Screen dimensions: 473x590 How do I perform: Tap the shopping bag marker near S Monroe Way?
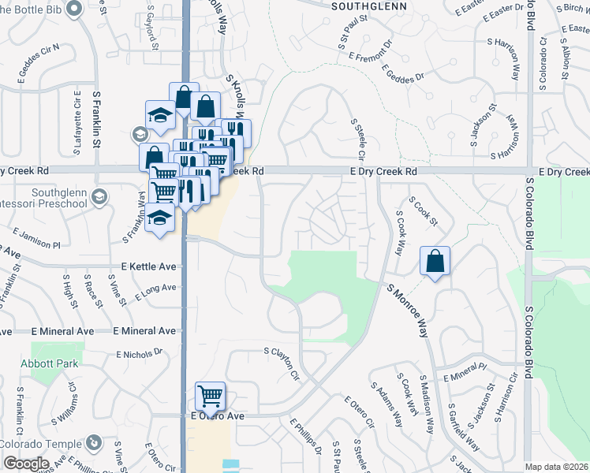coord(435,261)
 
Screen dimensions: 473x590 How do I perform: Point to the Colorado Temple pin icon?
coord(92,442)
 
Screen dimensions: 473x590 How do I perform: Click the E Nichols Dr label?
coord(138,353)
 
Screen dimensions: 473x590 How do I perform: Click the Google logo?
coord(25,464)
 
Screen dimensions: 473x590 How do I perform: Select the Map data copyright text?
coord(557,467)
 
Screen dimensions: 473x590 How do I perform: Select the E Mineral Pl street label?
coord(465,372)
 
